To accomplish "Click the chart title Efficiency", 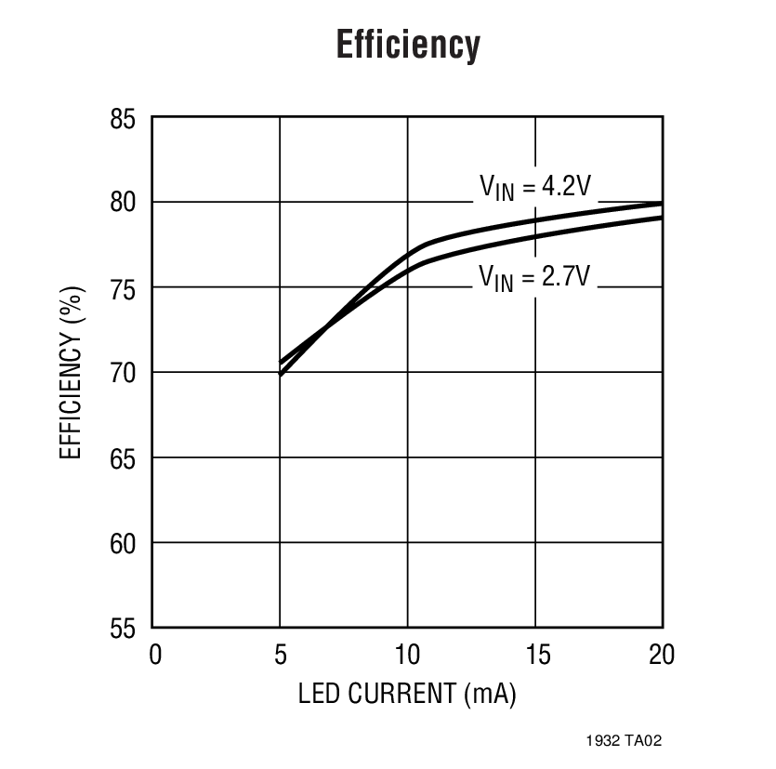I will pos(408,45).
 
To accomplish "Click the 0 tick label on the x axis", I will pos(155,655).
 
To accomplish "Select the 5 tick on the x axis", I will pos(281,655).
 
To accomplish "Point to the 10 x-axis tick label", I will pos(408,655).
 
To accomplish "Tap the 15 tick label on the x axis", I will pos(535,655).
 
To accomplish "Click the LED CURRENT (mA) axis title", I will pos(408,694).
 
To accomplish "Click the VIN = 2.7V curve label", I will pos(534,276).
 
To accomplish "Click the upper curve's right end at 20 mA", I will pos(661,204).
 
